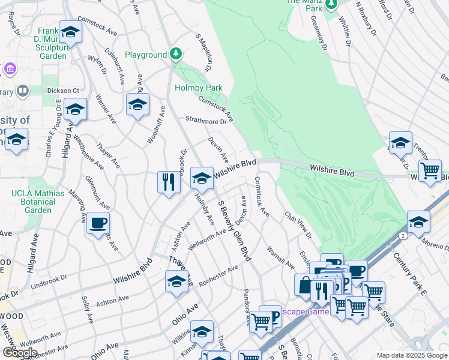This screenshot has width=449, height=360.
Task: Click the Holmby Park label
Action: (198, 88)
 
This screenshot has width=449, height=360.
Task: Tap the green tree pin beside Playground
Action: (175, 55)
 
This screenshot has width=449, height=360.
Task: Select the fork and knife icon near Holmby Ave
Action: (169, 181)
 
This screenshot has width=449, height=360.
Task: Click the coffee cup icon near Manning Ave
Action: (98, 223)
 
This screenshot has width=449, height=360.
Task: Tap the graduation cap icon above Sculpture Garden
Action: (70, 32)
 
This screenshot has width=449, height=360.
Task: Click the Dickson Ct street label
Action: (64, 91)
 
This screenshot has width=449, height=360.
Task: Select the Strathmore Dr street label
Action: (206, 121)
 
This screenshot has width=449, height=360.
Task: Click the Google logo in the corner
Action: (20, 353)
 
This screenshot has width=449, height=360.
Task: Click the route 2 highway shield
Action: (401, 236)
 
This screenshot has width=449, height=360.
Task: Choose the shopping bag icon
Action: (305, 284)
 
